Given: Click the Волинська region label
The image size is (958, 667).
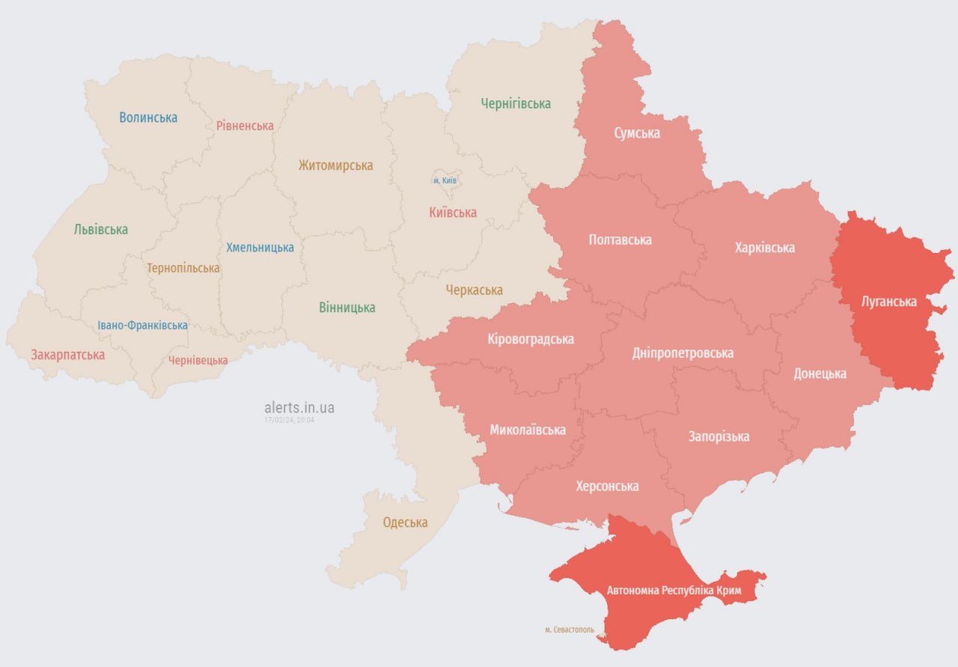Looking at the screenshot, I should [x=148, y=118].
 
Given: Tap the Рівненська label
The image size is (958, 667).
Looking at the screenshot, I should [x=245, y=126].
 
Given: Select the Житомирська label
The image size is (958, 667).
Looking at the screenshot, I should [x=335, y=165].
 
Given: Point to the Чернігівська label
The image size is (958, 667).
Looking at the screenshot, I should [x=516, y=104].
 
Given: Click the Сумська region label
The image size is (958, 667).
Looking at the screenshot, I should [x=637, y=133].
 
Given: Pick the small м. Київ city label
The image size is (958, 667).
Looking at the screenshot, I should [x=445, y=181].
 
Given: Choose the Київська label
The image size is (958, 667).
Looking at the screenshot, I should [x=453, y=213].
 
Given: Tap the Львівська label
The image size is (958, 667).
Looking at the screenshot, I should [x=101, y=230].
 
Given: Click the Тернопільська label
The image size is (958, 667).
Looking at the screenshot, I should [x=183, y=268].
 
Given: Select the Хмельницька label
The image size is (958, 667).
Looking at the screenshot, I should [x=260, y=248].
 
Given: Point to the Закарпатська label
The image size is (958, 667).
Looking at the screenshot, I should [x=67, y=355].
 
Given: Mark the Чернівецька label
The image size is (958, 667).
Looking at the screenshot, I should [x=198, y=361].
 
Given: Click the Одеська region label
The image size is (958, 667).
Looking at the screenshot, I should [x=405, y=523].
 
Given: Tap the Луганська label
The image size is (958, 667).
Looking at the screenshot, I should [x=889, y=302].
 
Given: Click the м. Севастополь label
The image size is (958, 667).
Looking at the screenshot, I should [x=570, y=630].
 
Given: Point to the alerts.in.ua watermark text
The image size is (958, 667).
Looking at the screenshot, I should [x=299, y=408].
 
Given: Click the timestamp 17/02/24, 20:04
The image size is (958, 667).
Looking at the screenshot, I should [x=289, y=421].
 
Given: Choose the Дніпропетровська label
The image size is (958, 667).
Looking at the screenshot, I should [x=683, y=353].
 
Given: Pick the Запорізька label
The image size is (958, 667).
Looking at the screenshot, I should [x=718, y=436].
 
